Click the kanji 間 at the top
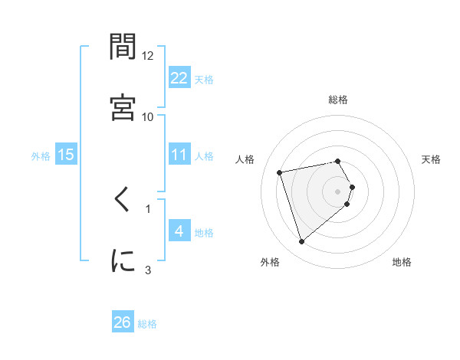click(x=123, y=47)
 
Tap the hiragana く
click(x=123, y=202)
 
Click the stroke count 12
click(x=148, y=56)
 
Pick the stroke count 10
click(x=148, y=116)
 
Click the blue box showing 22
click(x=179, y=77)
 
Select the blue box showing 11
click(x=179, y=155)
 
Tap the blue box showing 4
click(x=179, y=231)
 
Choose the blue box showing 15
click(x=66, y=155)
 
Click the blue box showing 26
click(x=123, y=322)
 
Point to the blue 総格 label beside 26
click(x=147, y=324)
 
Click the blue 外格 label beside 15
click(x=41, y=155)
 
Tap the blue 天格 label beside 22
click(x=204, y=79)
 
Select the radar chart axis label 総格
click(x=338, y=100)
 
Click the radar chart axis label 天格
click(x=432, y=159)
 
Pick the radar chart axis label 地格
click(x=402, y=262)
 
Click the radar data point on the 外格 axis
click(x=301, y=242)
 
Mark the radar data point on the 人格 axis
click(x=280, y=172)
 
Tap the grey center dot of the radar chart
click(x=338, y=191)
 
